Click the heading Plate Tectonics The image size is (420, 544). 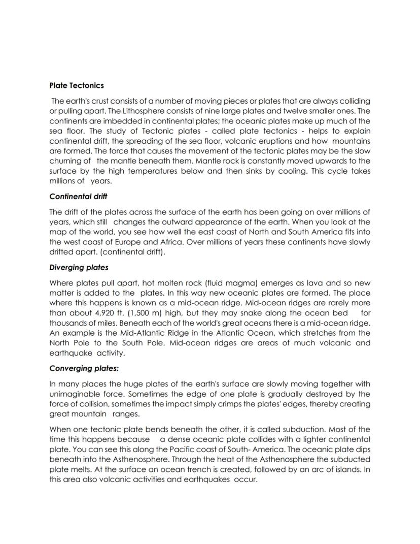pos(77,85)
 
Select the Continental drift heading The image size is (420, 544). pos(78,196)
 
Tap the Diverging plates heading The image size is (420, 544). pos(79,267)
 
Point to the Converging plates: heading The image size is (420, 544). pos(84,368)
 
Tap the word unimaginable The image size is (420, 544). pos(74,394)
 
